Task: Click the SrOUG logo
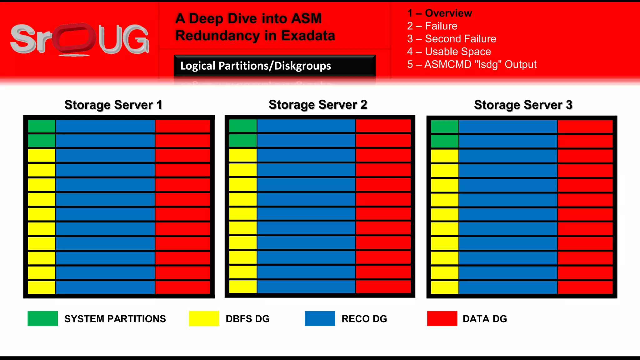click(80, 39)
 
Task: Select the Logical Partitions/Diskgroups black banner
click(275, 66)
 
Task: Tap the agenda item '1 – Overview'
click(439, 13)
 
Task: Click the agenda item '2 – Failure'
click(432, 26)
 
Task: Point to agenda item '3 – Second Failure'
click(452, 39)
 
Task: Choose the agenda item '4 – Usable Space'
click(449, 52)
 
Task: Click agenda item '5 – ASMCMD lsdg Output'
click(472, 64)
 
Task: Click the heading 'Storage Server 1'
click(113, 105)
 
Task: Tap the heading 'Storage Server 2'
click(318, 105)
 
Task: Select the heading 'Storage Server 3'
click(523, 105)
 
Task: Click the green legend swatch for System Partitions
click(42, 318)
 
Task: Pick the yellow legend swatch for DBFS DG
click(204, 318)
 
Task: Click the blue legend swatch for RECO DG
click(320, 318)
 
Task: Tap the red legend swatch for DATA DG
click(442, 318)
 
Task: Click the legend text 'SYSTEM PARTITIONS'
click(115, 319)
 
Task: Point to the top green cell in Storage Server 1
click(42, 126)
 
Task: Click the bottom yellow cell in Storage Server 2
click(243, 287)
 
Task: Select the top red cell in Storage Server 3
click(585, 127)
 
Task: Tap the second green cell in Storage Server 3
click(445, 141)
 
